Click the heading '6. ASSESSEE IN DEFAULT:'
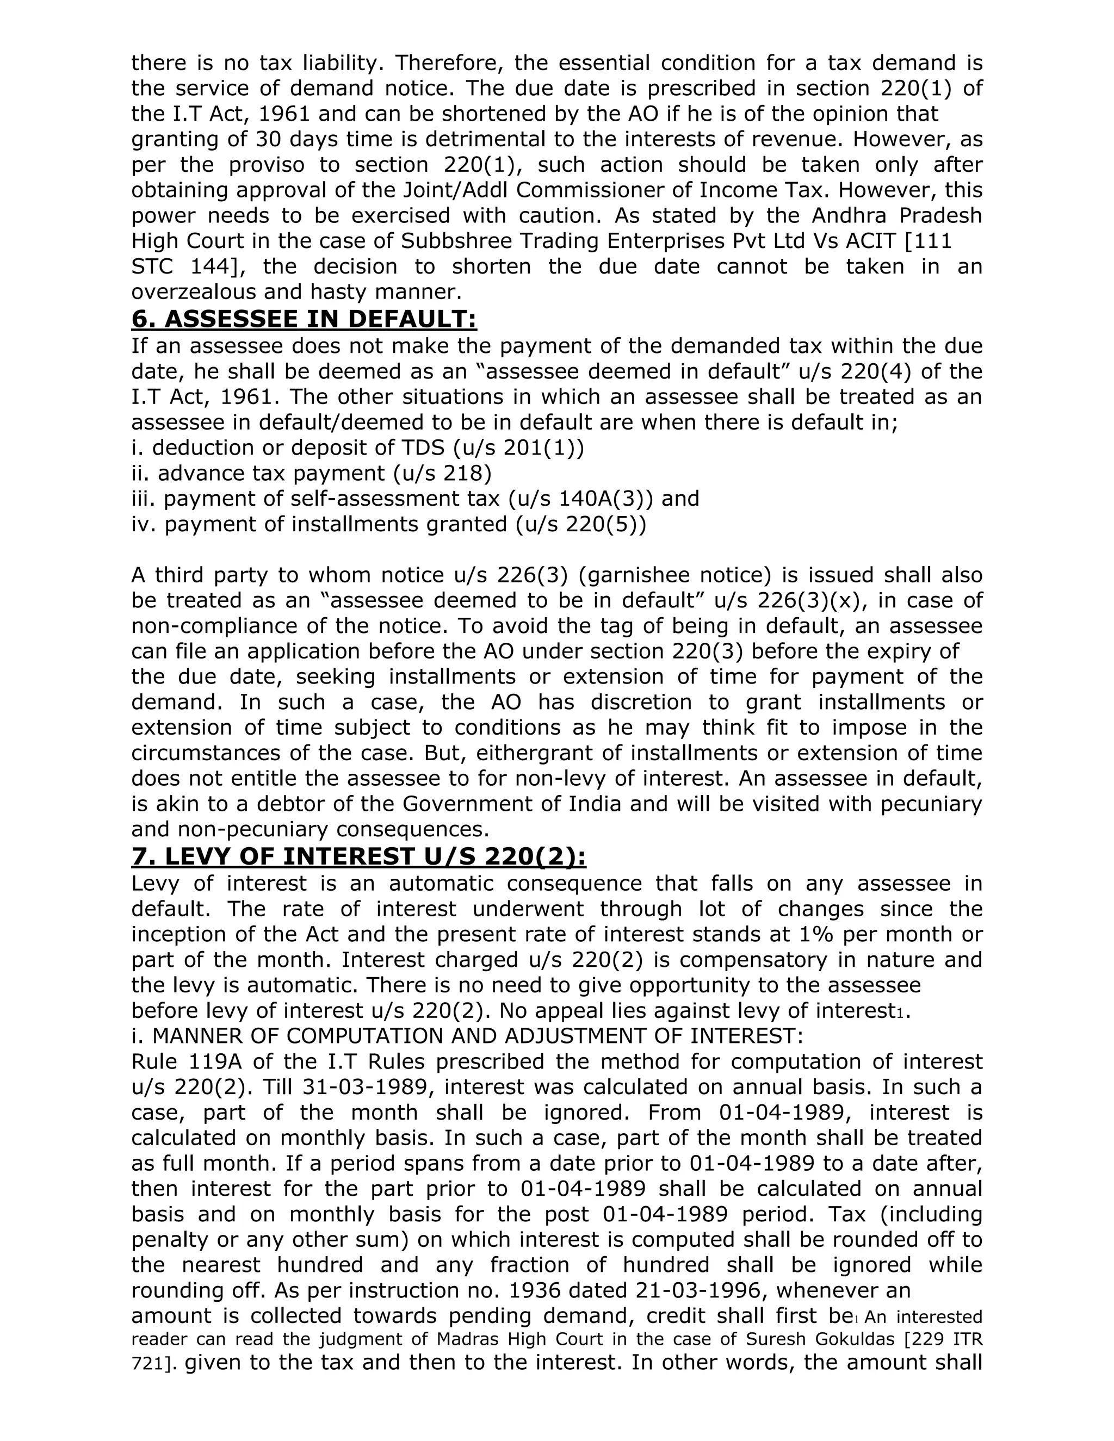click(x=304, y=319)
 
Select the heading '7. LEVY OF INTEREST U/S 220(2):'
click(x=358, y=856)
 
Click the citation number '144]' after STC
click(x=217, y=266)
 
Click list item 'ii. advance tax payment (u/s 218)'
click(x=312, y=473)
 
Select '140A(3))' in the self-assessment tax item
click(x=606, y=498)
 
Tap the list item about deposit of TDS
click(x=358, y=448)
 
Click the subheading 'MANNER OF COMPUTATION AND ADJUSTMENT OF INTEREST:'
click(x=477, y=1036)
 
